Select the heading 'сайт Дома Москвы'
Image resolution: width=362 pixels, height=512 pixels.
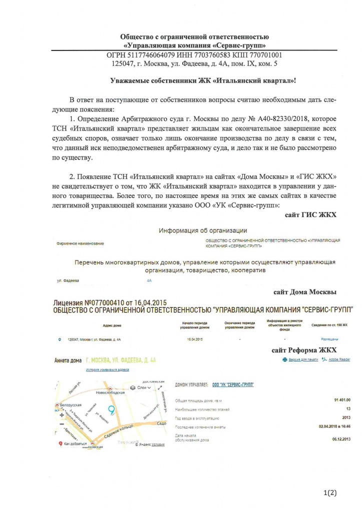[x=305, y=292]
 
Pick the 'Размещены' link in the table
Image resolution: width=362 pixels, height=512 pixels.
[x=329, y=339]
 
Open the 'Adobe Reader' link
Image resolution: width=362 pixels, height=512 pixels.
[x=338, y=359]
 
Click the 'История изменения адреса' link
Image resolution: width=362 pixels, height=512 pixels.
[x=107, y=369]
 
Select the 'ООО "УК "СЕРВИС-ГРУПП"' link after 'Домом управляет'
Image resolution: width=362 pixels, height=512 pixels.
[x=233, y=384]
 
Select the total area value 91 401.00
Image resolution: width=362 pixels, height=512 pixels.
[x=341, y=400]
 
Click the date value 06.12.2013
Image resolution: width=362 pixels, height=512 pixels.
[x=341, y=437]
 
